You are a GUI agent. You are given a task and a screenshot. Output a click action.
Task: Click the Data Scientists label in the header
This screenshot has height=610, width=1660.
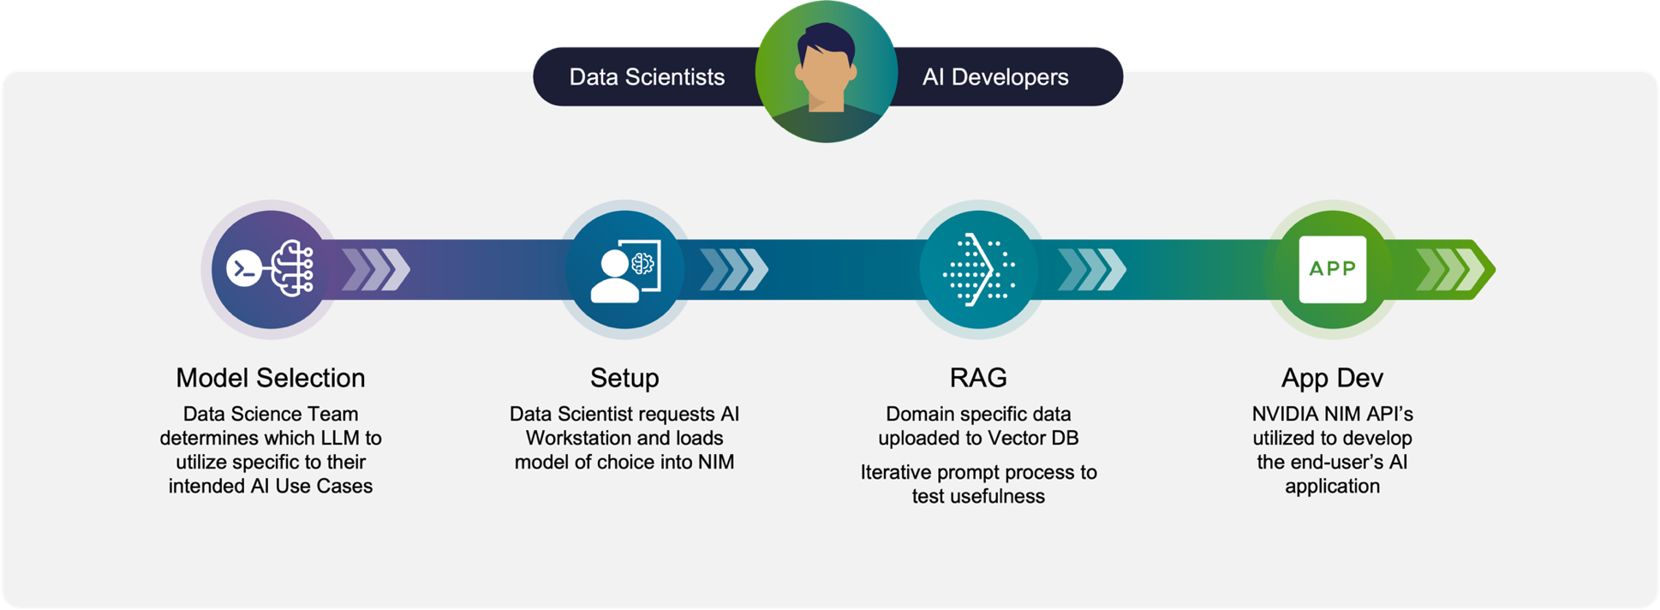coord(647,77)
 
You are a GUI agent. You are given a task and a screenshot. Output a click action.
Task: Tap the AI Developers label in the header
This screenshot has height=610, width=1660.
coord(995,77)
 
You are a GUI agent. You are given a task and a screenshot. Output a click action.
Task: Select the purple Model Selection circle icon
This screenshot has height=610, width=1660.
coord(271,269)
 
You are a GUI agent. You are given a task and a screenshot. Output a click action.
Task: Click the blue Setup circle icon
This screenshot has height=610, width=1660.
coord(624,269)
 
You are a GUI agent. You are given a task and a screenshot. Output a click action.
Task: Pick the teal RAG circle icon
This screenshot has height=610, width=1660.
coord(978,269)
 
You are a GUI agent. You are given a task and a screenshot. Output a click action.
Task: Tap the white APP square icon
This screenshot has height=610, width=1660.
coord(1333,269)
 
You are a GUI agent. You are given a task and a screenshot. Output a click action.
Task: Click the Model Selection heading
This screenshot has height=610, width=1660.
coord(271,378)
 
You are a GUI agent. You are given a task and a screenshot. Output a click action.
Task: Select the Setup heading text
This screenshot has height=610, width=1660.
coord(624,378)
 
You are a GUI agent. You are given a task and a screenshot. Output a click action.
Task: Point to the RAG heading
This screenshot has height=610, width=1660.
coord(978,378)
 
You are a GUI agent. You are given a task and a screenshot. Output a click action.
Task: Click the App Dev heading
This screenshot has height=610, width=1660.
coord(1332,378)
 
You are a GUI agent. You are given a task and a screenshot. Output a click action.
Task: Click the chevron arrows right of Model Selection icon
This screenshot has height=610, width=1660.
coord(376,269)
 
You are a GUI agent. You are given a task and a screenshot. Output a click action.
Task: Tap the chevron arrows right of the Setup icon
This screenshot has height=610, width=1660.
coord(734,269)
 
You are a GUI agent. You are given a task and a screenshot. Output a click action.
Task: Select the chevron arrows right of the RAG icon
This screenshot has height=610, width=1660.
coord(1092,269)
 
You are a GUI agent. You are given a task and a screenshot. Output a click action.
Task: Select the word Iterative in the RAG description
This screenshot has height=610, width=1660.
coord(896,472)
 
